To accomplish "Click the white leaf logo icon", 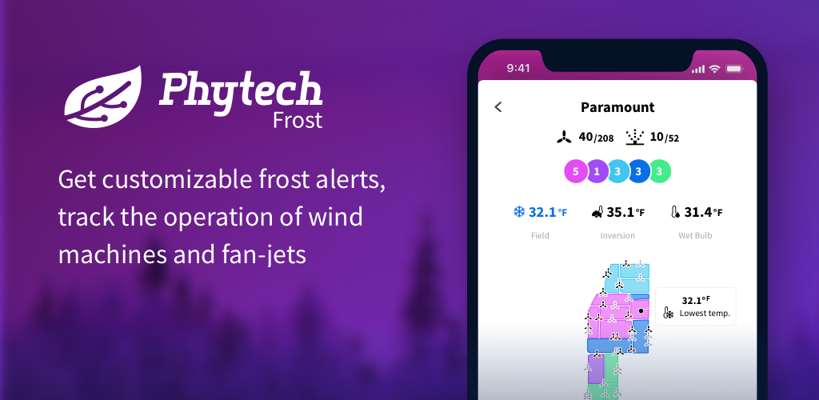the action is click(x=102, y=98).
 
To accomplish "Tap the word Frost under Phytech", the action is click(x=298, y=120).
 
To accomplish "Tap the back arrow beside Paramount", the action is click(x=497, y=107).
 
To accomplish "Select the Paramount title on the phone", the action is click(x=617, y=107).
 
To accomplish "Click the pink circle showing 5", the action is click(x=576, y=171).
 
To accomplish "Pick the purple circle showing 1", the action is click(x=597, y=171).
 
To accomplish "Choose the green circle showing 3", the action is click(x=660, y=171).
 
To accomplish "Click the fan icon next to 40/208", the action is click(x=564, y=138).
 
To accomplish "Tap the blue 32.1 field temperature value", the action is click(x=543, y=213).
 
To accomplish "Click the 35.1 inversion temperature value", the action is click(x=621, y=213).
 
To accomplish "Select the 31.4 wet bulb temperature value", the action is click(x=698, y=213).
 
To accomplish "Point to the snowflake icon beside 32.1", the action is click(x=518, y=212).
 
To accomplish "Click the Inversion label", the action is click(x=617, y=235).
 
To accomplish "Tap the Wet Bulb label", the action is click(x=695, y=235).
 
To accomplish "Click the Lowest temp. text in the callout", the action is click(x=705, y=314).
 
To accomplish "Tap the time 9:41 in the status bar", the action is click(x=518, y=69).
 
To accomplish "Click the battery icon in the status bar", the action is click(x=734, y=69).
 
